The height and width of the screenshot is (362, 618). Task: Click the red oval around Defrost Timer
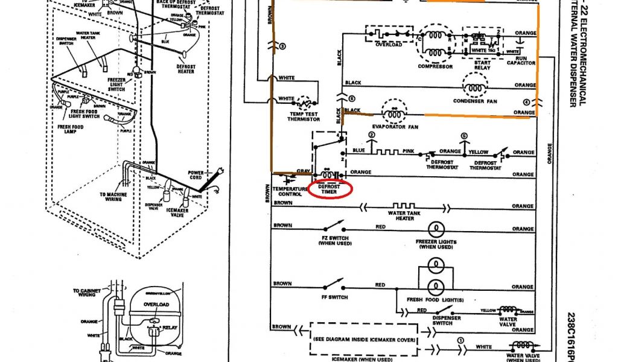(x=330, y=189)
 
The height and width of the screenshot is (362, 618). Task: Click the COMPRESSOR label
(x=435, y=66)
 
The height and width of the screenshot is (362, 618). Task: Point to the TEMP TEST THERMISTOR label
(x=303, y=115)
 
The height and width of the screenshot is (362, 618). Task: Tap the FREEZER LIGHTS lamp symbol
(x=435, y=229)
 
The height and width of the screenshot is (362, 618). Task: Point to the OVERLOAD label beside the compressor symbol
(x=389, y=44)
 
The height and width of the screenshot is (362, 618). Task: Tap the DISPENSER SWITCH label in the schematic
(x=442, y=320)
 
